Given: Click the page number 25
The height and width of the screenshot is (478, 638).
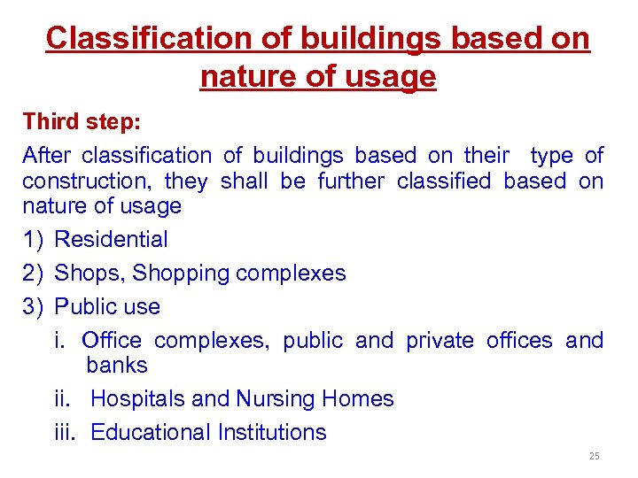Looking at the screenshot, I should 594,456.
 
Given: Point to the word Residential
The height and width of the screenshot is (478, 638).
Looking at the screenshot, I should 111,239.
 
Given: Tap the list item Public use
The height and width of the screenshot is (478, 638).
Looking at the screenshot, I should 107,306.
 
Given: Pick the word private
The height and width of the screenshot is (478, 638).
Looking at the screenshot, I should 440,340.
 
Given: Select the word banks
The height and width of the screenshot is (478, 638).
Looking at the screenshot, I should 117,365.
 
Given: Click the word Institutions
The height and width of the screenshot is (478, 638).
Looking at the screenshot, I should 274,432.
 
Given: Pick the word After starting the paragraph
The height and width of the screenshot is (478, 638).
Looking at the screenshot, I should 46,156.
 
